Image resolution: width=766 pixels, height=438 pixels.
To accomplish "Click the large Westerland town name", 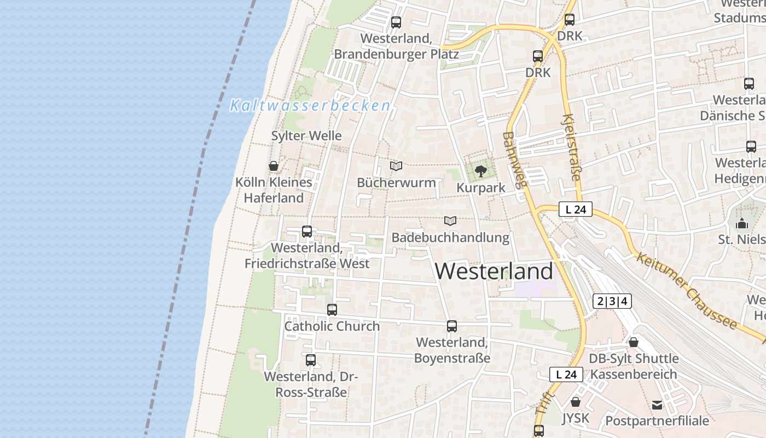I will point(494,272).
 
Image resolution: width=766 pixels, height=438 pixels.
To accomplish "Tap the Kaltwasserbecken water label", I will point(310,106).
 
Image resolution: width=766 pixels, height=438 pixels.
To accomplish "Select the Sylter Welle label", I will point(306,136).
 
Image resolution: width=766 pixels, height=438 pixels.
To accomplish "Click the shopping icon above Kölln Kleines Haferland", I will point(274,166).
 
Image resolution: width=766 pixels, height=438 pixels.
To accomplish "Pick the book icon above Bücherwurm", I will point(396,166).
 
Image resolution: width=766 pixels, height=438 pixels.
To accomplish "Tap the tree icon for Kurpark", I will point(481,171).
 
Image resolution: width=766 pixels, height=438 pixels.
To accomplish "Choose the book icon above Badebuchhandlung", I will point(450,221).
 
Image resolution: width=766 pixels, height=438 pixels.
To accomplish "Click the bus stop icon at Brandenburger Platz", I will point(396,22).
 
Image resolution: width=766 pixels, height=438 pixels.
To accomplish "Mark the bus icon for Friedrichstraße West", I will point(307,232).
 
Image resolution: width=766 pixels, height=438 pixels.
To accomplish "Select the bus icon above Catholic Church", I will point(332,310).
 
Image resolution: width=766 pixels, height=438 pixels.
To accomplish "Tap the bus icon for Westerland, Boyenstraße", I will point(452,326).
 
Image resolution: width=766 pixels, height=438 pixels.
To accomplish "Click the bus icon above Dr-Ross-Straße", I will point(311,360).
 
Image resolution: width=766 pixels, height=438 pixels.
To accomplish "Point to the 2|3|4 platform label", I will point(612,301).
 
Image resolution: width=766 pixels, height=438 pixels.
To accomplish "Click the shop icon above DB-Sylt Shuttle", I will point(634,342).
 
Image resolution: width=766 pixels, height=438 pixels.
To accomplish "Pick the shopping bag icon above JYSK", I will point(576,402).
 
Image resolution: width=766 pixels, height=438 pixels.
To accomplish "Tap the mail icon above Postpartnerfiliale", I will point(657,405).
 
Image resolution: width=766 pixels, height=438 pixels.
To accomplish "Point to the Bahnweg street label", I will point(515,159).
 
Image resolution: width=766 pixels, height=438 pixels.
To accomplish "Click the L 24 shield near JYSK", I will point(566,374).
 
